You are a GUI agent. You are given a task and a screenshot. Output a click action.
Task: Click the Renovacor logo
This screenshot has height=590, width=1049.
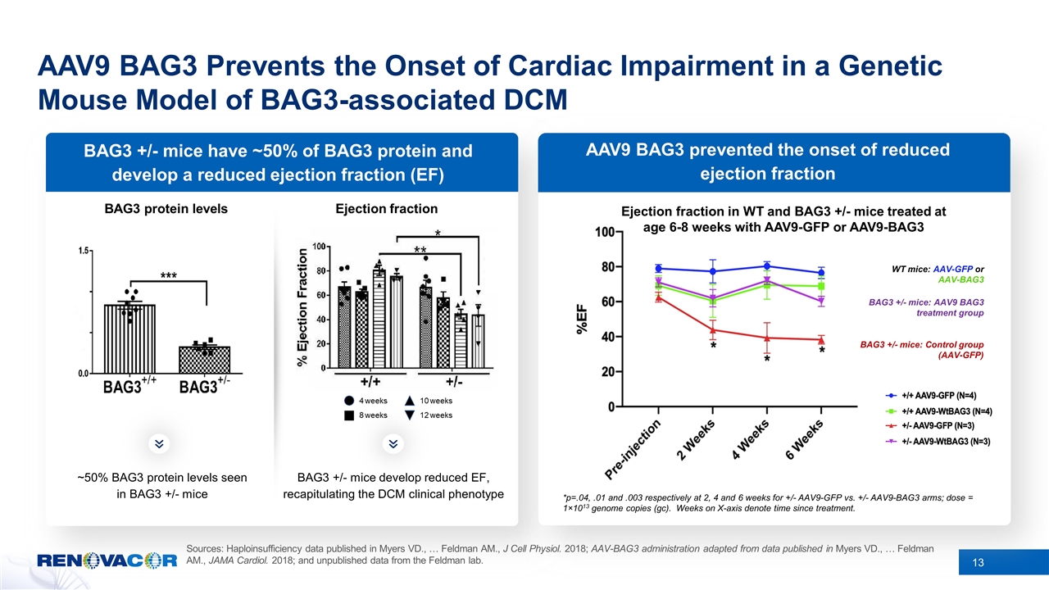107,560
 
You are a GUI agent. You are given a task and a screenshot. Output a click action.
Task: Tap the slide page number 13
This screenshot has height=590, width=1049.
978,561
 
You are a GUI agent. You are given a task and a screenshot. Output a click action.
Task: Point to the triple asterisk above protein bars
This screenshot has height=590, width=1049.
169,275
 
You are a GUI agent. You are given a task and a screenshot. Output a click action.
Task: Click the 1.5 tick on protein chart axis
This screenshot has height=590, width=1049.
83,251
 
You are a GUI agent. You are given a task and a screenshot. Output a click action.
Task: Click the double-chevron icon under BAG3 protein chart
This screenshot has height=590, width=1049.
161,443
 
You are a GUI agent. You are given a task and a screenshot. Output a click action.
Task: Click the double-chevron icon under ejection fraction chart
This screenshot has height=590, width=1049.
393,443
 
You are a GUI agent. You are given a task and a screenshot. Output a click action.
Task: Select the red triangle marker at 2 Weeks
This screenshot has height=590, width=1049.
713,329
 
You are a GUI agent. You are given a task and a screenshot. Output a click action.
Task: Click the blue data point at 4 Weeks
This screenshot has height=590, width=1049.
767,265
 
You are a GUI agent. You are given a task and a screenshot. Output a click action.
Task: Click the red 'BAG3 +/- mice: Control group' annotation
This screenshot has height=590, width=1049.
921,350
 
